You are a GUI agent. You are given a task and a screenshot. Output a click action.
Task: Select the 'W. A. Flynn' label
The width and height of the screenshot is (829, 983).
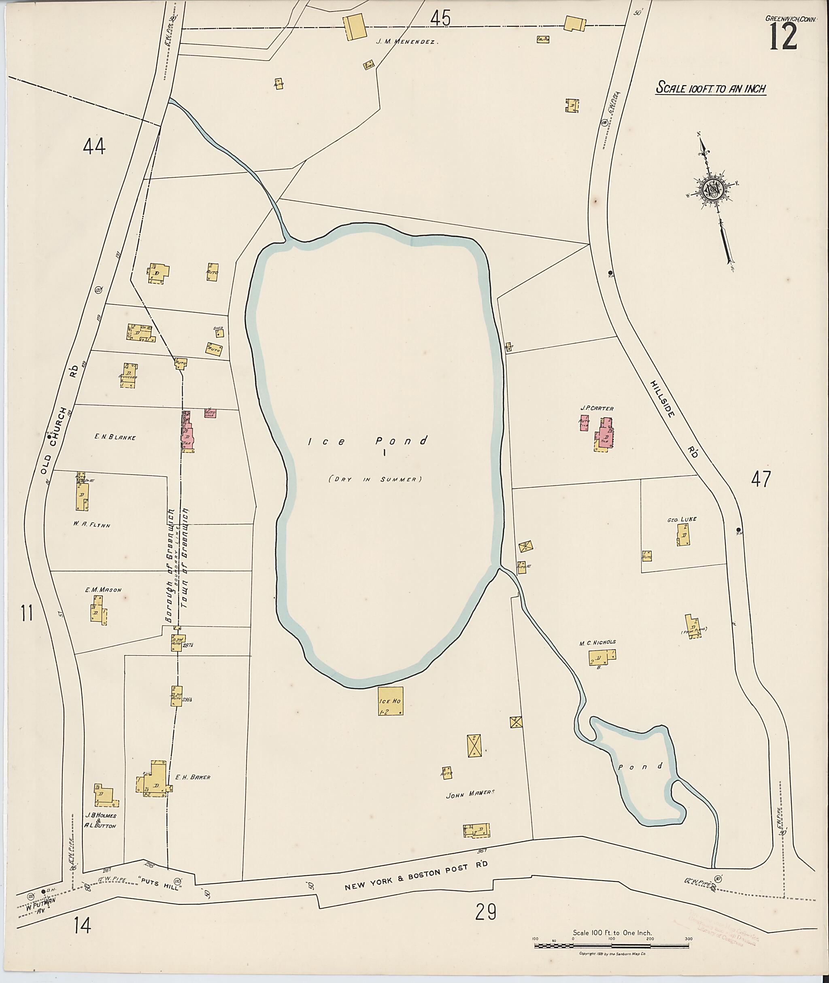pyautogui.click(x=91, y=525)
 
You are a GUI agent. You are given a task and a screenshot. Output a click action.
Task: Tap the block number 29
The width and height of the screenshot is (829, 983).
pyautogui.click(x=485, y=913)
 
